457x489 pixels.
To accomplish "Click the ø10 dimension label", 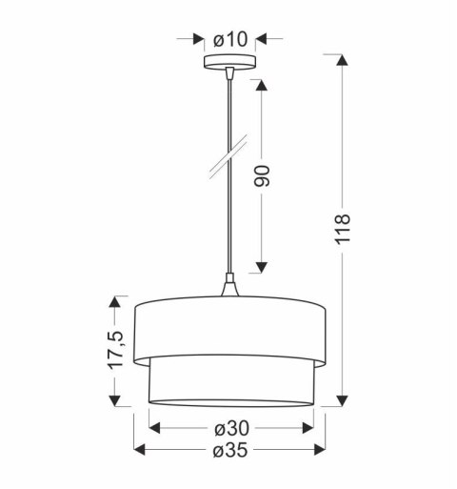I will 230,40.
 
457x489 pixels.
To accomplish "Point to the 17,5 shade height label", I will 115,353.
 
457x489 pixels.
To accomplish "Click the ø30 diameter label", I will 230,428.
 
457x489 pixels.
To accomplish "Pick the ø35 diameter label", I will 230,450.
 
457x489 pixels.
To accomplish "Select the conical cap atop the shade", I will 229,287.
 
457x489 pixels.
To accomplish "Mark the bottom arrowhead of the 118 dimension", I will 344,398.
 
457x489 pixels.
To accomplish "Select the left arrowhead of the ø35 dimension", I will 139,450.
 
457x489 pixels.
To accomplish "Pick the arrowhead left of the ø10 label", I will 197,40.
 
